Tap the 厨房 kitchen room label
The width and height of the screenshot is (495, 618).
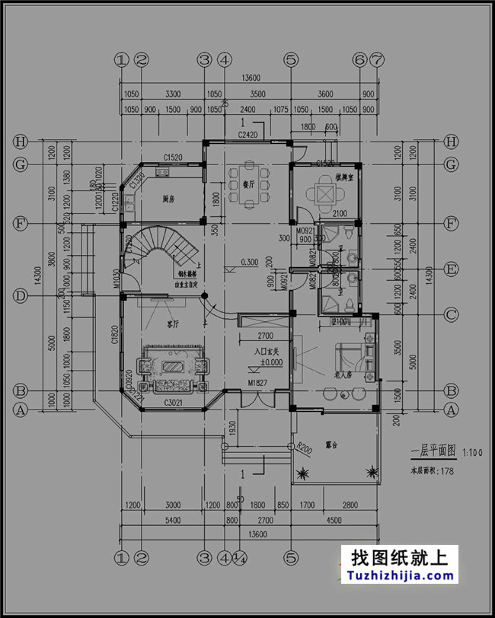click(x=169, y=199)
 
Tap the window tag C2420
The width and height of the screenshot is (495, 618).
click(x=248, y=134)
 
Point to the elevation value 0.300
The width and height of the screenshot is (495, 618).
click(x=248, y=261)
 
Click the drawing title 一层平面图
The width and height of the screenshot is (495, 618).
click(x=433, y=451)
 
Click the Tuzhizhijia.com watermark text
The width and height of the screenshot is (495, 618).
click(x=399, y=577)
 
